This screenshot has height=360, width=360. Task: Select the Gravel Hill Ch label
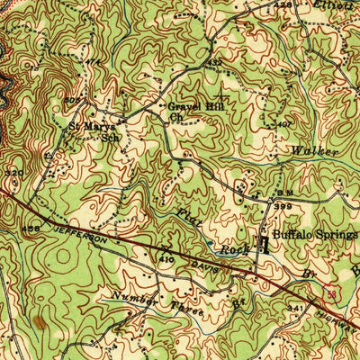pos(190,111)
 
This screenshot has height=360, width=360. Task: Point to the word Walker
pos(314,150)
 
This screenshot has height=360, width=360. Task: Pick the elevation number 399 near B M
pos(285,206)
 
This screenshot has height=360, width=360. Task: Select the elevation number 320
pos(13,170)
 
